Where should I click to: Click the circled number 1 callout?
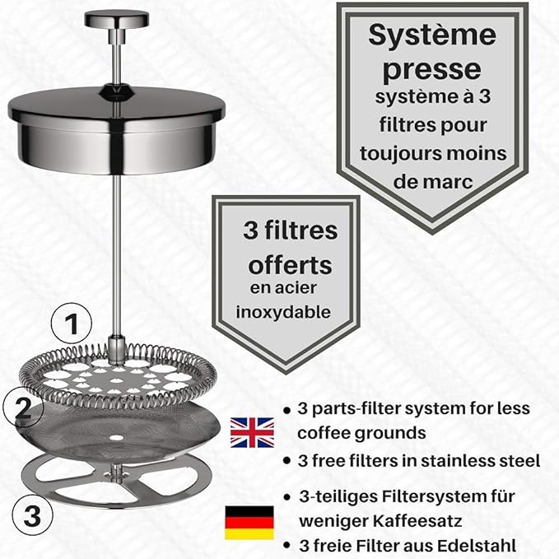(x=72, y=324)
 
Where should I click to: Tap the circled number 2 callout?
(x=23, y=408)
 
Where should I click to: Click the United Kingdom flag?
(x=252, y=433)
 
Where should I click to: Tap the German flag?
(x=249, y=522)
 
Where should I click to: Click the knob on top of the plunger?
(x=117, y=20)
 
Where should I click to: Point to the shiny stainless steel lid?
(x=117, y=130)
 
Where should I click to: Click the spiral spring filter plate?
(x=117, y=376)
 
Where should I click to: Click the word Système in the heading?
(x=432, y=35)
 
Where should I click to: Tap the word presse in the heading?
(x=431, y=70)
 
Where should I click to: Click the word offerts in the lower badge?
(x=290, y=265)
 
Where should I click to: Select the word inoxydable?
(x=283, y=312)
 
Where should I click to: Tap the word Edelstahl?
(x=477, y=546)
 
